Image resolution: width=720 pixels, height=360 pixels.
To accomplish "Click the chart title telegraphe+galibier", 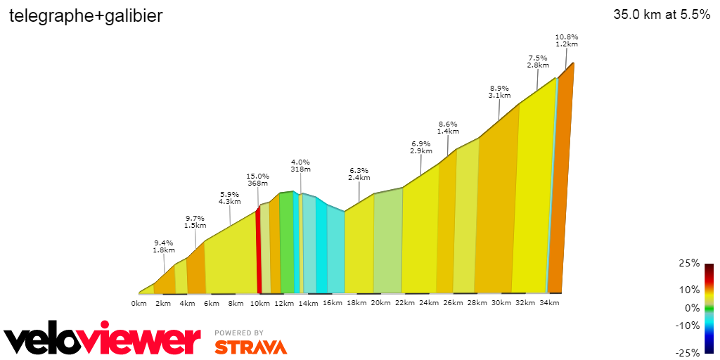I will point(86,16).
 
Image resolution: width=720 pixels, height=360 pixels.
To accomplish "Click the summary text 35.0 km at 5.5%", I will point(662,15).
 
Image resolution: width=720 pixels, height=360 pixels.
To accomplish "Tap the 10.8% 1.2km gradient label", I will point(567,40).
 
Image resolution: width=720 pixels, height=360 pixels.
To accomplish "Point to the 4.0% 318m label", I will point(300,165).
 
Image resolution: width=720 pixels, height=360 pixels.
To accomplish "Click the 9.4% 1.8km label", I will point(163,246).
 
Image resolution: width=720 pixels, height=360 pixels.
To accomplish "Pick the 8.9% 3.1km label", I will point(499,91).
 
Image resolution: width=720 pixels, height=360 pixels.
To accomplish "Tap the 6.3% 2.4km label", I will point(359,174).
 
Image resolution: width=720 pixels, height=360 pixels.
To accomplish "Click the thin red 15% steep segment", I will point(258,250).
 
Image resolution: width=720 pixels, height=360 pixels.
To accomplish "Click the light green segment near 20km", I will point(387,243).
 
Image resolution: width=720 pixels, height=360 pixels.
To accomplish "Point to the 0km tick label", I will point(139,303).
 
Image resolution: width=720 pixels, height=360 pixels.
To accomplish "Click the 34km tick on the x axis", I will point(549,303).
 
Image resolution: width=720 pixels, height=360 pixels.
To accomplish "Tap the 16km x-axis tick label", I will point(332,303).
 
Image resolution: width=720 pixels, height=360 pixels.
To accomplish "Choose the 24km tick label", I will point(429,303).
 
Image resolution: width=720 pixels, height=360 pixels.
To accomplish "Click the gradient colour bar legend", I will point(709,308).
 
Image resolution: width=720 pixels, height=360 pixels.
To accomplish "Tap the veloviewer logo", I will point(103,340).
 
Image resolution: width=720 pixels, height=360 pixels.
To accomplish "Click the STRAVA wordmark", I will point(250,347).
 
